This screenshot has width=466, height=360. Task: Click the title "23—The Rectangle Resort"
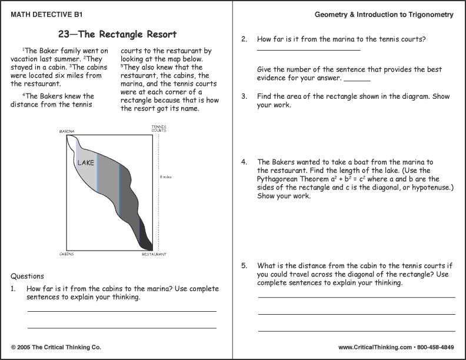click(x=118, y=34)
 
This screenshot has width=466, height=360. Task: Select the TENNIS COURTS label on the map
click(x=159, y=128)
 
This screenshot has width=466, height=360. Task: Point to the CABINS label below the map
click(x=66, y=254)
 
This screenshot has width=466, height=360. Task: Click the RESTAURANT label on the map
click(x=154, y=254)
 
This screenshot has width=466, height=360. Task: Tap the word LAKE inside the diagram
click(x=86, y=162)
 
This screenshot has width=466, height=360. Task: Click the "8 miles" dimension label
click(x=165, y=176)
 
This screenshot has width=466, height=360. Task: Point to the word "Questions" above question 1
click(x=27, y=276)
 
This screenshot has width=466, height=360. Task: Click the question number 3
click(x=244, y=96)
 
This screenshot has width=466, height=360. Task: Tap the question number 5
click(x=244, y=266)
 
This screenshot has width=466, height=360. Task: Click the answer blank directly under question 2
click(x=308, y=51)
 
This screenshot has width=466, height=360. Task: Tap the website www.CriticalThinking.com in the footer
click(x=374, y=347)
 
